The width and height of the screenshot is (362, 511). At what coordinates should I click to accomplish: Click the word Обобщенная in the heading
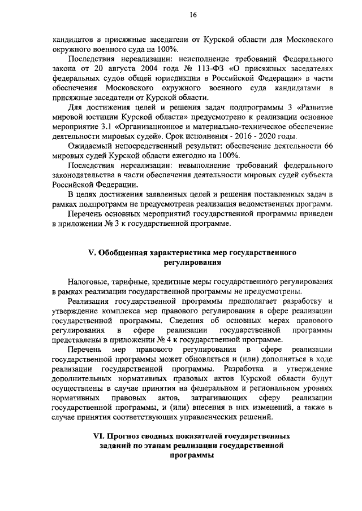(x=124, y=252)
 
